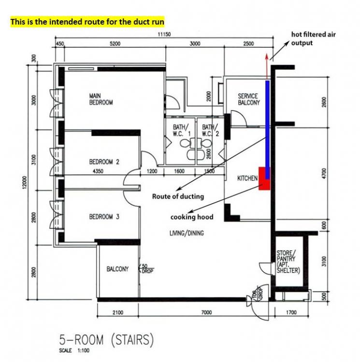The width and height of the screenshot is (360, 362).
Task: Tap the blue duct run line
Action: pyautogui.click(x=267, y=130)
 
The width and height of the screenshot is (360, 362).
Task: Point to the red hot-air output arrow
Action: pyautogui.click(x=267, y=67)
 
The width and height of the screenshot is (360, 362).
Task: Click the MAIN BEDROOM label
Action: pyautogui.click(x=101, y=99)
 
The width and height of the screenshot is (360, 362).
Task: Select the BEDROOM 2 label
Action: pyautogui.click(x=104, y=162)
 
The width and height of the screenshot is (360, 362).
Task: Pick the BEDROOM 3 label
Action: pyautogui.click(x=104, y=217)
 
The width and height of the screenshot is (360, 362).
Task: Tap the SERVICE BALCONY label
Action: pyautogui.click(x=249, y=99)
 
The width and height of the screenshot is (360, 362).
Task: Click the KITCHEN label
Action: pyautogui.click(x=247, y=178)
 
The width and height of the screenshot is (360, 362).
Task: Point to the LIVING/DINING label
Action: pyautogui.click(x=187, y=233)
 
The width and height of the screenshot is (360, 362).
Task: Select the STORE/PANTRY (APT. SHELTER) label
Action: pyautogui.click(x=288, y=262)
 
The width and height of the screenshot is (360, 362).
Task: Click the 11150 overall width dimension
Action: pyautogui.click(x=164, y=34)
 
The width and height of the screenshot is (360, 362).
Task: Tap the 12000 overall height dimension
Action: pyautogui.click(x=25, y=182)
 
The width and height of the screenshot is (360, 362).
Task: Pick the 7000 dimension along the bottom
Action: pyautogui.click(x=206, y=312)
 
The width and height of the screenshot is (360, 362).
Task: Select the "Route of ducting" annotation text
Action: pyautogui.click(x=178, y=196)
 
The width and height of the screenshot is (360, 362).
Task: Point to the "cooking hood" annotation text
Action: pyautogui.click(x=192, y=217)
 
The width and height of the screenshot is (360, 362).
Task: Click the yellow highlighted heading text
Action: pyautogui.click(x=87, y=22)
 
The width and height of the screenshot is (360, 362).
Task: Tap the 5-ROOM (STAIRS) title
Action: pyautogui.click(x=106, y=340)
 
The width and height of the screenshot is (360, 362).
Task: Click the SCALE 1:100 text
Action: pyautogui.click(x=74, y=350)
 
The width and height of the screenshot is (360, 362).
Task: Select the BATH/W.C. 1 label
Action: pyautogui.click(x=182, y=130)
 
